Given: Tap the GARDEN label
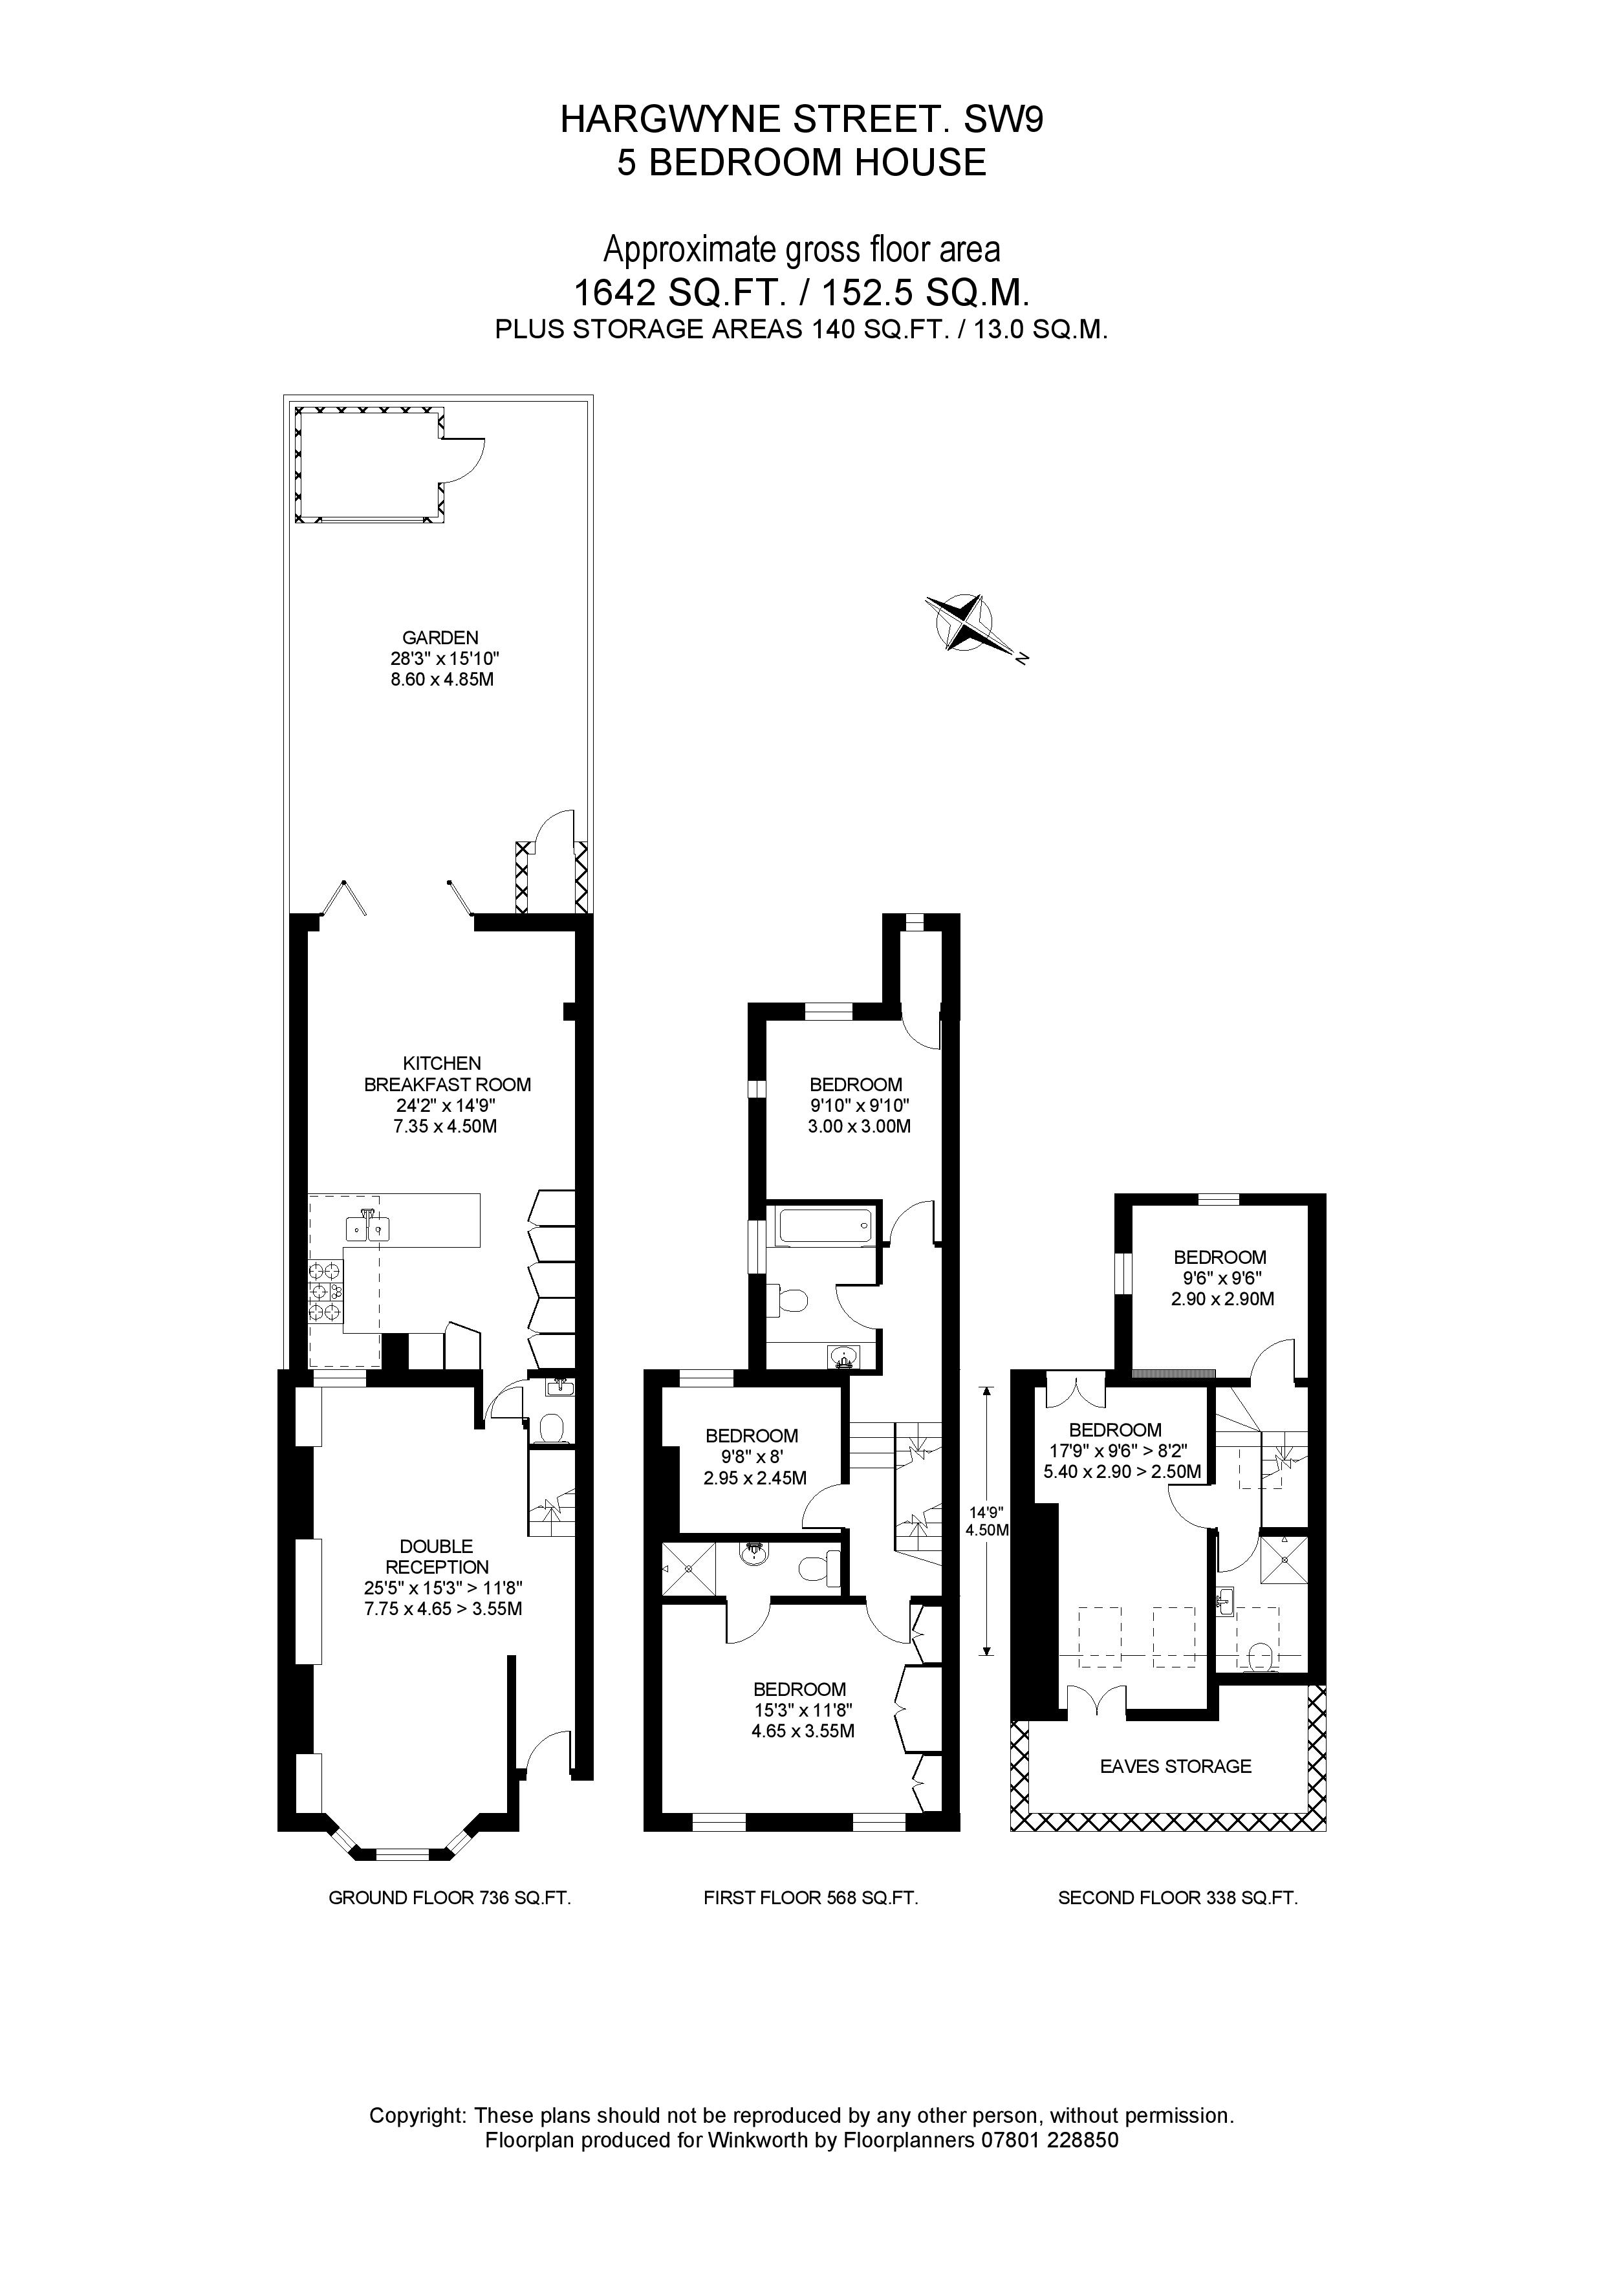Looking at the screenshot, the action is [441, 659].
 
